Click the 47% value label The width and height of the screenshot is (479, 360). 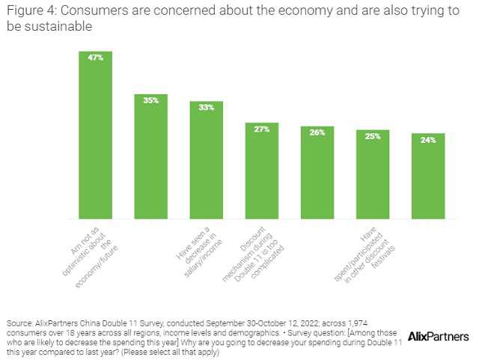(95, 57)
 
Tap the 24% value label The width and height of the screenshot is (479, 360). (428, 139)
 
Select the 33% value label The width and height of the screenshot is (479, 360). (206, 107)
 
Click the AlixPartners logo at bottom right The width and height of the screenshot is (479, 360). (439, 337)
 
